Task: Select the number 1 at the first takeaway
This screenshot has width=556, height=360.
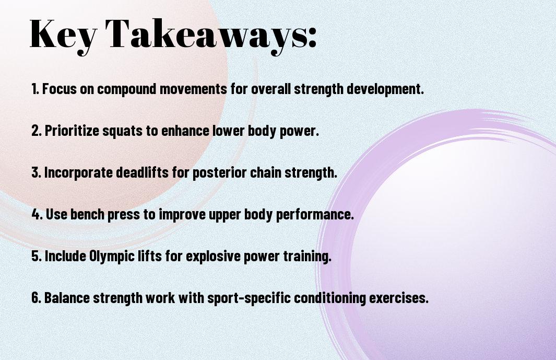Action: pos(34,89)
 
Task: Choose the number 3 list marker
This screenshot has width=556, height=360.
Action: pos(36,172)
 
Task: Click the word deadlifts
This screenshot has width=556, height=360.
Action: pos(142,172)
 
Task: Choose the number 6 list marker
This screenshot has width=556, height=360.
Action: pos(36,298)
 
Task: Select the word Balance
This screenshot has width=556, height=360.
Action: pos(66,298)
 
